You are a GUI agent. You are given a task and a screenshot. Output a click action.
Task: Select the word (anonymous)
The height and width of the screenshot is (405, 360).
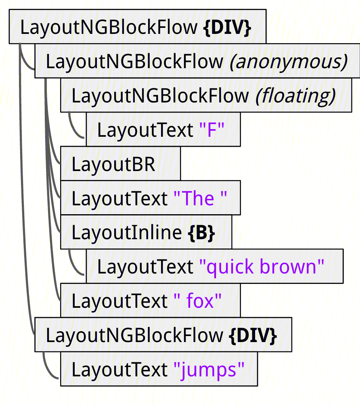288,62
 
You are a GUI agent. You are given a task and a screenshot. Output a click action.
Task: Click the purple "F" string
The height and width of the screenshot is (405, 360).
212,130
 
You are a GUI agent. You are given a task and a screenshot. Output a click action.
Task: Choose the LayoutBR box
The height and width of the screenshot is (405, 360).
120,164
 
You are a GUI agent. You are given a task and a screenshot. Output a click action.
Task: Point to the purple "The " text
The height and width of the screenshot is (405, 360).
200,198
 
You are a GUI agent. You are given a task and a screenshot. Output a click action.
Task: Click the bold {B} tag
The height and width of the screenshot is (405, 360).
201,233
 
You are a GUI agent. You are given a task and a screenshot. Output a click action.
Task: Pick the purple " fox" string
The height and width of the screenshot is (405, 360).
197,301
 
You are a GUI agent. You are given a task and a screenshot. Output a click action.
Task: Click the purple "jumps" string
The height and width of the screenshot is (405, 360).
209,370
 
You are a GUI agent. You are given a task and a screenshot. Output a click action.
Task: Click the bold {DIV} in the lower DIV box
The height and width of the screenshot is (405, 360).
253,335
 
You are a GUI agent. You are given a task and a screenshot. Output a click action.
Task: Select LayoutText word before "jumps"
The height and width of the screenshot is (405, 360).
119,370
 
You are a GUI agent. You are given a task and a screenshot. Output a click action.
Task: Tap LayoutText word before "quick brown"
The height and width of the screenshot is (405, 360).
145,267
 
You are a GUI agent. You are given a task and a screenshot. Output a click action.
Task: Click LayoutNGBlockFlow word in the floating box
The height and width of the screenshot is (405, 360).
160,96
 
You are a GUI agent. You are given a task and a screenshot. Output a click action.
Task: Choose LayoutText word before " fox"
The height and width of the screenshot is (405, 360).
119,301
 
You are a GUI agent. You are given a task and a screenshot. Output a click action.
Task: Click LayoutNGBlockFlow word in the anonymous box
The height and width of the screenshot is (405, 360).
134,62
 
